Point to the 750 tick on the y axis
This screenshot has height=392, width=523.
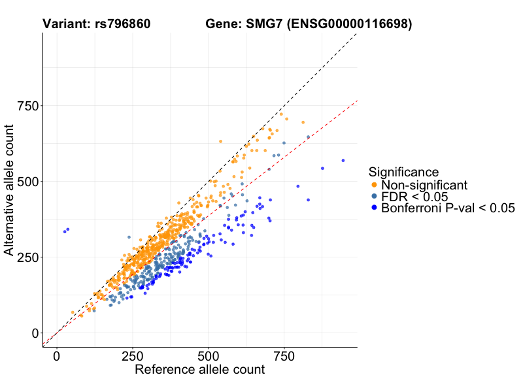coord(30,106)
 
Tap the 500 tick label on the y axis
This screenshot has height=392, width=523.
coord(30,182)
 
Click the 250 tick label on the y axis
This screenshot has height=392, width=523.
coord(30,257)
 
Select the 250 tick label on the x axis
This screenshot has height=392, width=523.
coord(133,357)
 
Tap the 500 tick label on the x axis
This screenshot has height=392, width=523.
coord(209,357)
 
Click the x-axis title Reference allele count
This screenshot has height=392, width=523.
coord(199,370)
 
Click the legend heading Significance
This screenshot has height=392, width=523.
coord(403,172)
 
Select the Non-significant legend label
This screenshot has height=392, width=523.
coord(424,186)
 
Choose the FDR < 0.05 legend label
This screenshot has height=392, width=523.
coord(414,197)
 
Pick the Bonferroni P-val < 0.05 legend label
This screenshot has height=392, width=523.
coord(448,208)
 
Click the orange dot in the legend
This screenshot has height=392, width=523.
coord(373,186)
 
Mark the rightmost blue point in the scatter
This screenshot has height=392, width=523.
coord(343,161)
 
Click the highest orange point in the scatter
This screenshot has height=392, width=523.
coord(281,114)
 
